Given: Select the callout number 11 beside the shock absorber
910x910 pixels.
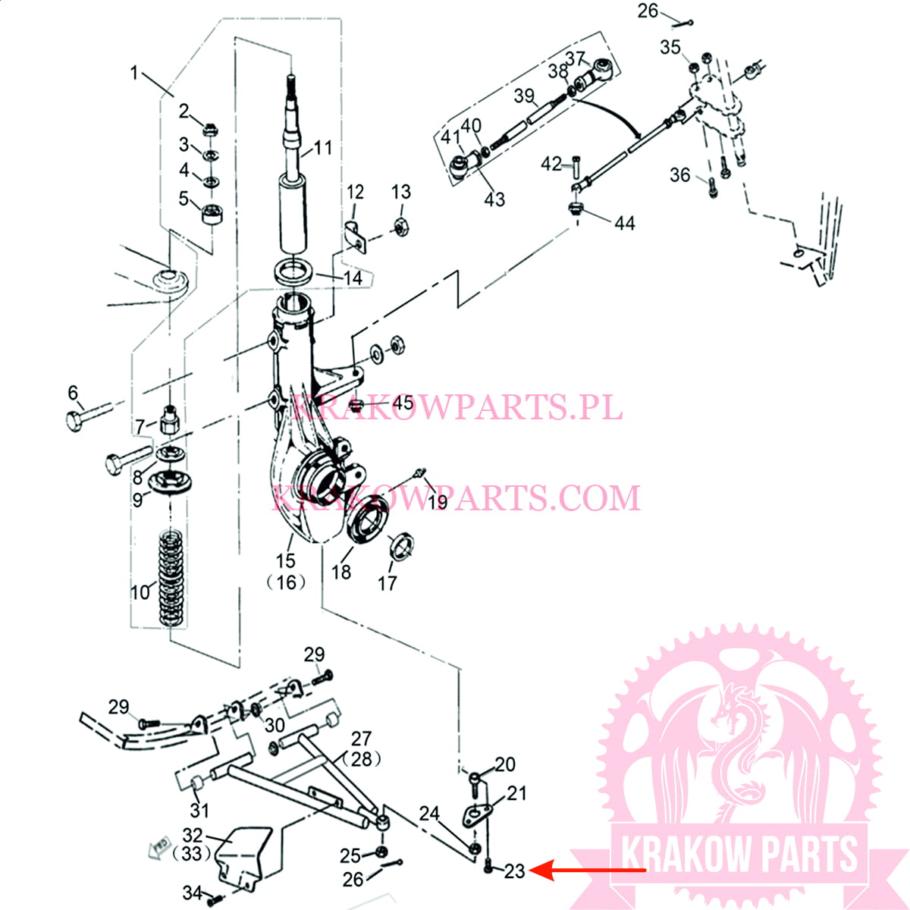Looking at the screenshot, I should [323, 147].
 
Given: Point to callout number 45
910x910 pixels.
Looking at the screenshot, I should [403, 403].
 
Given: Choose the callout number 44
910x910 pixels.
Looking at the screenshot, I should [624, 223].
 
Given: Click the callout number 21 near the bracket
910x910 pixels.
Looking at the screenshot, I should [516, 793].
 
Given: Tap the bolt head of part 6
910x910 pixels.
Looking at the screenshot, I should [74, 420].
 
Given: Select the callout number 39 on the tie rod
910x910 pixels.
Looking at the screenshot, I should [524, 96].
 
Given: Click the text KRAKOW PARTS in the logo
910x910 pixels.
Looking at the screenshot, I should [739, 855].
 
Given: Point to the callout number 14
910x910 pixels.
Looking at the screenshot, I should [353, 278].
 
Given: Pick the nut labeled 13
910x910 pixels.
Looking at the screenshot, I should [401, 225].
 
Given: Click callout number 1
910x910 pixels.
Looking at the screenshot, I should [134, 73].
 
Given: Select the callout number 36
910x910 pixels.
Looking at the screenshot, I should [679, 175].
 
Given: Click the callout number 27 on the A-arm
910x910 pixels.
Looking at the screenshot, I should [362, 739].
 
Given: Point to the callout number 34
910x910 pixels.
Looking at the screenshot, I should [192, 893].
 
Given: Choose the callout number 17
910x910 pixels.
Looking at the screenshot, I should [387, 582].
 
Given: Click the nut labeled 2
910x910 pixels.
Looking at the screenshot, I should [211, 130].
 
